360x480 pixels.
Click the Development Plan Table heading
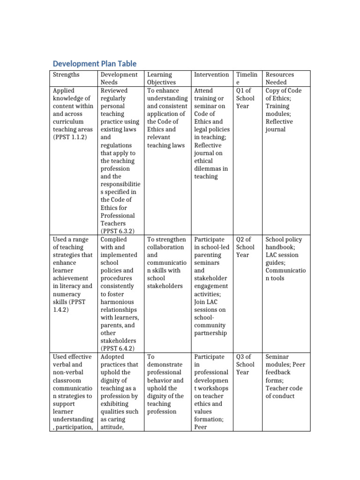(x=95, y=63)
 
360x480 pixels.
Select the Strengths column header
(x=66, y=75)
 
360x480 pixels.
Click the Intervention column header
(x=211, y=75)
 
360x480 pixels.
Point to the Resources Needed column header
(x=280, y=78)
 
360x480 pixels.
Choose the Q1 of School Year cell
(x=246, y=98)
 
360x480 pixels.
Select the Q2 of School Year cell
(x=246, y=247)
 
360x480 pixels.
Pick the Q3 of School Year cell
(x=246, y=364)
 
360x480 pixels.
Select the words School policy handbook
(x=284, y=243)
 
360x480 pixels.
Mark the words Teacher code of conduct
(x=284, y=392)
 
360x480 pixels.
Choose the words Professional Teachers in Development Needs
(x=118, y=219)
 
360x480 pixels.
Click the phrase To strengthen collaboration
(x=166, y=243)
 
